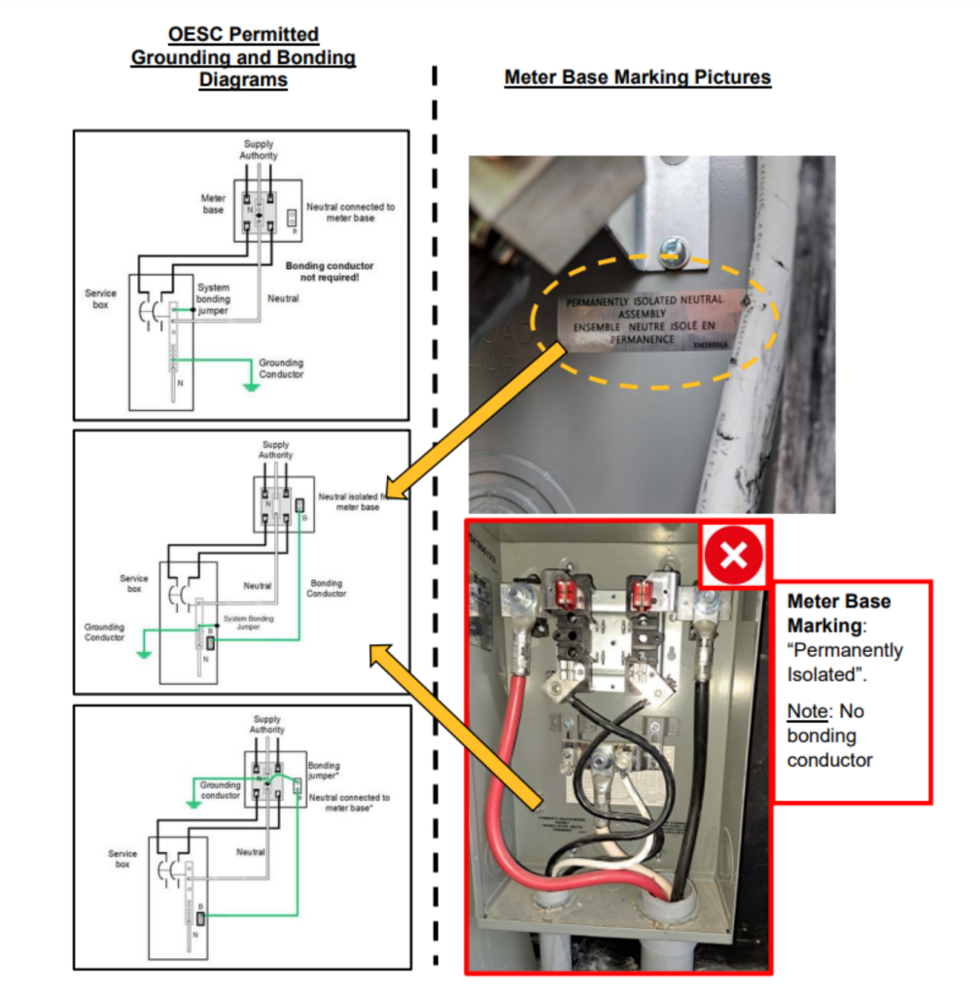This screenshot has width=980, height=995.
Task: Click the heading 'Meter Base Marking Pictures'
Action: (x=637, y=78)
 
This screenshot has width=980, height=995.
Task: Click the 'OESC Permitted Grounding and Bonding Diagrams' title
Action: (x=243, y=57)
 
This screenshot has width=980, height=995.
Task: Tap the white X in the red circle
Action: (x=734, y=555)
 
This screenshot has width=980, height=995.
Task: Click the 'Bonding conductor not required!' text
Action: (x=329, y=271)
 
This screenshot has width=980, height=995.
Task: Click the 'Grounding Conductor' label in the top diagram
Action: (x=281, y=368)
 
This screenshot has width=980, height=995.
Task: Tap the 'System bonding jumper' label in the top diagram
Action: (x=213, y=299)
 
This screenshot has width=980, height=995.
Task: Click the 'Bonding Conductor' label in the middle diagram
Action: (x=326, y=589)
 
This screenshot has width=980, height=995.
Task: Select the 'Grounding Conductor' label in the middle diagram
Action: (x=104, y=633)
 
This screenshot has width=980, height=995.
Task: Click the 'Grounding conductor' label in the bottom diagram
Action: (x=220, y=790)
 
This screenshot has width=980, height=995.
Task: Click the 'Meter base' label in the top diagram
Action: (x=213, y=204)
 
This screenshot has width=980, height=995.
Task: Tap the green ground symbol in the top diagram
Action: (x=251, y=387)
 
